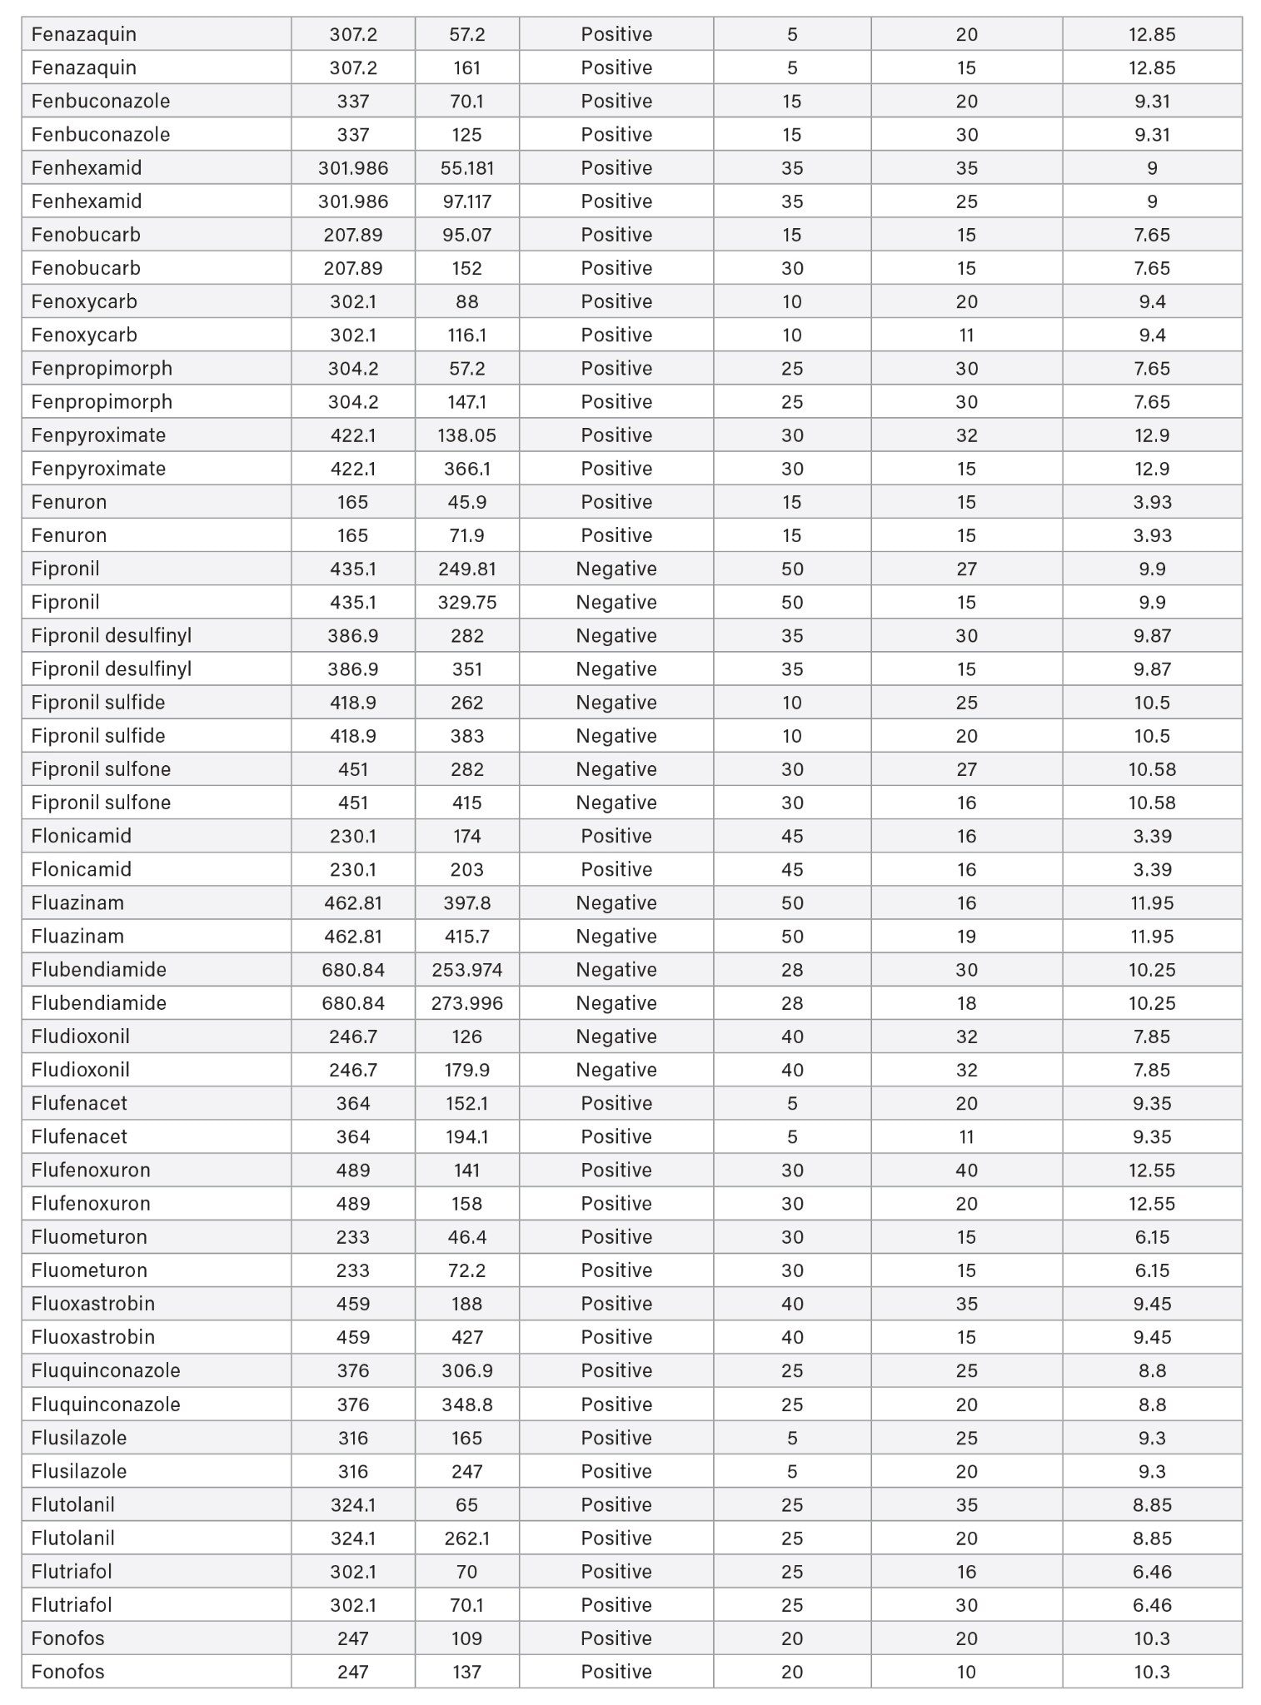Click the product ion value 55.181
[466, 168]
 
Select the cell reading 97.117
[466, 201]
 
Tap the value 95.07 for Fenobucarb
[466, 235]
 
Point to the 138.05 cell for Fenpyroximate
[466, 435]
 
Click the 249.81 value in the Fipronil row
[466, 569]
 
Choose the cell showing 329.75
[466, 602]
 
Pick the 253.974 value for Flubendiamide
[466, 970]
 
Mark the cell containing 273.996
[466, 1003]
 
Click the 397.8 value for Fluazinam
[466, 902]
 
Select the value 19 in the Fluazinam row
[966, 937]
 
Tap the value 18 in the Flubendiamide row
[966, 1003]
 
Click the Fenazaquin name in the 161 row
[83, 67]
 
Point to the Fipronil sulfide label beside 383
[98, 736]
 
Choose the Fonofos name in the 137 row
[67, 1672]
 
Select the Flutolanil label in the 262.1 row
[72, 1538]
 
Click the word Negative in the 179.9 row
[616, 1070]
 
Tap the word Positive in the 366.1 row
[616, 469]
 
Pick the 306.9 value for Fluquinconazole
[466, 1370]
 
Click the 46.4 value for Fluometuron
[466, 1237]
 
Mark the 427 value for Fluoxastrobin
[466, 1337]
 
